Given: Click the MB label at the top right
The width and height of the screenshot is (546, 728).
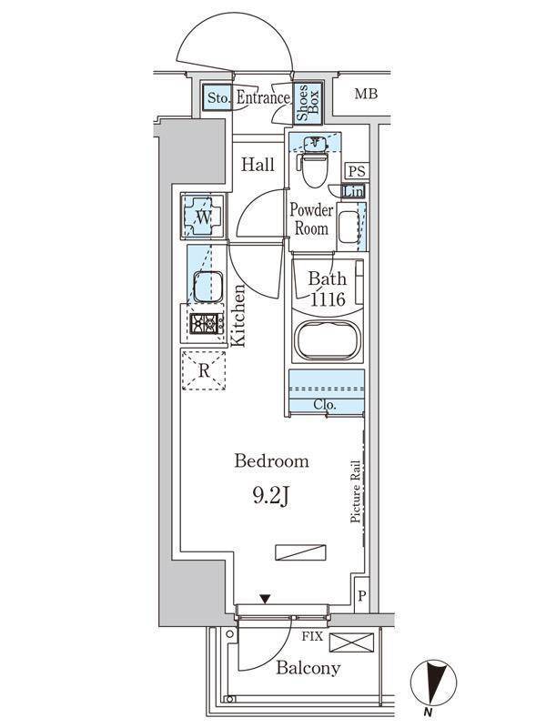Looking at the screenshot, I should [x=366, y=94].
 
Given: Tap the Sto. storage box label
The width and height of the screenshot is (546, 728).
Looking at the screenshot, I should [x=217, y=97].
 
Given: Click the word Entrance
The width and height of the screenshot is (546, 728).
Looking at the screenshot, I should [x=263, y=97].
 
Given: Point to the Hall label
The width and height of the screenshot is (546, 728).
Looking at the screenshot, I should [x=258, y=165].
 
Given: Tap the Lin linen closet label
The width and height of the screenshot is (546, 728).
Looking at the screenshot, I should [x=353, y=192].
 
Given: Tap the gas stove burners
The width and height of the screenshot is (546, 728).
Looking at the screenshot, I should [x=207, y=323].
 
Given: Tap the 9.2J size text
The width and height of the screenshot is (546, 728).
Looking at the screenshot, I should [x=271, y=496].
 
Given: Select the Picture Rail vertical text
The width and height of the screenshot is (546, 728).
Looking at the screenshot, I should [x=357, y=491].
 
